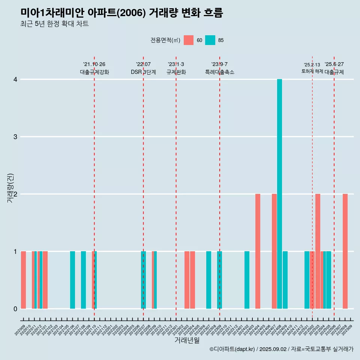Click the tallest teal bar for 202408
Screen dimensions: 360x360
point(279,194)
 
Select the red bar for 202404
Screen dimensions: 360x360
point(258,251)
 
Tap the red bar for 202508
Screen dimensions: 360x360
point(345,251)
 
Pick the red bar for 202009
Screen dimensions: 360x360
point(23,280)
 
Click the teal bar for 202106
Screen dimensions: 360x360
point(72,280)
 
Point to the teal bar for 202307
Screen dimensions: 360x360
point(208,280)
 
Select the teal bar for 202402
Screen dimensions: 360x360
point(247,280)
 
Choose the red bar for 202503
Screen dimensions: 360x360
point(318,251)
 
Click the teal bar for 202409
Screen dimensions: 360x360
point(285,280)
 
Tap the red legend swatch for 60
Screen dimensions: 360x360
point(189,40)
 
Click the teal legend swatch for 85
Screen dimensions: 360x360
point(210,40)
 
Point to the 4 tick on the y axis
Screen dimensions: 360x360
point(15,79)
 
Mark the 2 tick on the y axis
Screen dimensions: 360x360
point(15,194)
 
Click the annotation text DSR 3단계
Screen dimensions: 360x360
point(143,72)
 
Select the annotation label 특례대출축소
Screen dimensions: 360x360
point(220,72)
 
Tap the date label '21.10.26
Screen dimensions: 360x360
point(94,64)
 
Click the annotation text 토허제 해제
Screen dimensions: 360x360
point(312,71)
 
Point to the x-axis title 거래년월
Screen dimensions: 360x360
point(187,340)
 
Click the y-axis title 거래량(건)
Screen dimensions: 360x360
point(10,188)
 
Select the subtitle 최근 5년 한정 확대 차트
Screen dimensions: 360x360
point(54,24)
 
